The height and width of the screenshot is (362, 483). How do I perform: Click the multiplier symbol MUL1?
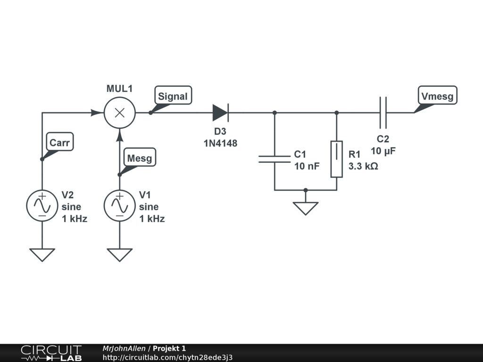119,113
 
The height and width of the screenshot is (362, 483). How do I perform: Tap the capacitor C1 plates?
275,159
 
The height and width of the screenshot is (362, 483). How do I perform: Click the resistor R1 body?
337,159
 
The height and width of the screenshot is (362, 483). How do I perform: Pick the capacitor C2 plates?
383,113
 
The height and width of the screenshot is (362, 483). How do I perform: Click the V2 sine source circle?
42,206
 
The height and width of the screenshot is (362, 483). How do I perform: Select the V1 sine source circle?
119,206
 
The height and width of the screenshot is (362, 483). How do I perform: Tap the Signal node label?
173,95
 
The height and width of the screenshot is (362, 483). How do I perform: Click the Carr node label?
60,141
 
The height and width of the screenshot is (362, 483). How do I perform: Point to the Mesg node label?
140,157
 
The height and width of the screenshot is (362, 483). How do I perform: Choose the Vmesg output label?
437,95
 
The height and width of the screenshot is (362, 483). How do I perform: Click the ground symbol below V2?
42,255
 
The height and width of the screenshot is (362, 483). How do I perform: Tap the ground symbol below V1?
119,255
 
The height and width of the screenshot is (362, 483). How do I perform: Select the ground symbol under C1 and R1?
306,208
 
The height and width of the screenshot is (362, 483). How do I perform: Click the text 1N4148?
221,143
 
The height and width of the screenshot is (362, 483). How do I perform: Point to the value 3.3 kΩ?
363,166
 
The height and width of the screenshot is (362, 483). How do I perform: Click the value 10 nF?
307,166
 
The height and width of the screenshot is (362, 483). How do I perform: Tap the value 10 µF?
383,151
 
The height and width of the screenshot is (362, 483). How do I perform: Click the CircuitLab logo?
51,353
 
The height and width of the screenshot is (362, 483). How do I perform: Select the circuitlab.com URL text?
167,357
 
